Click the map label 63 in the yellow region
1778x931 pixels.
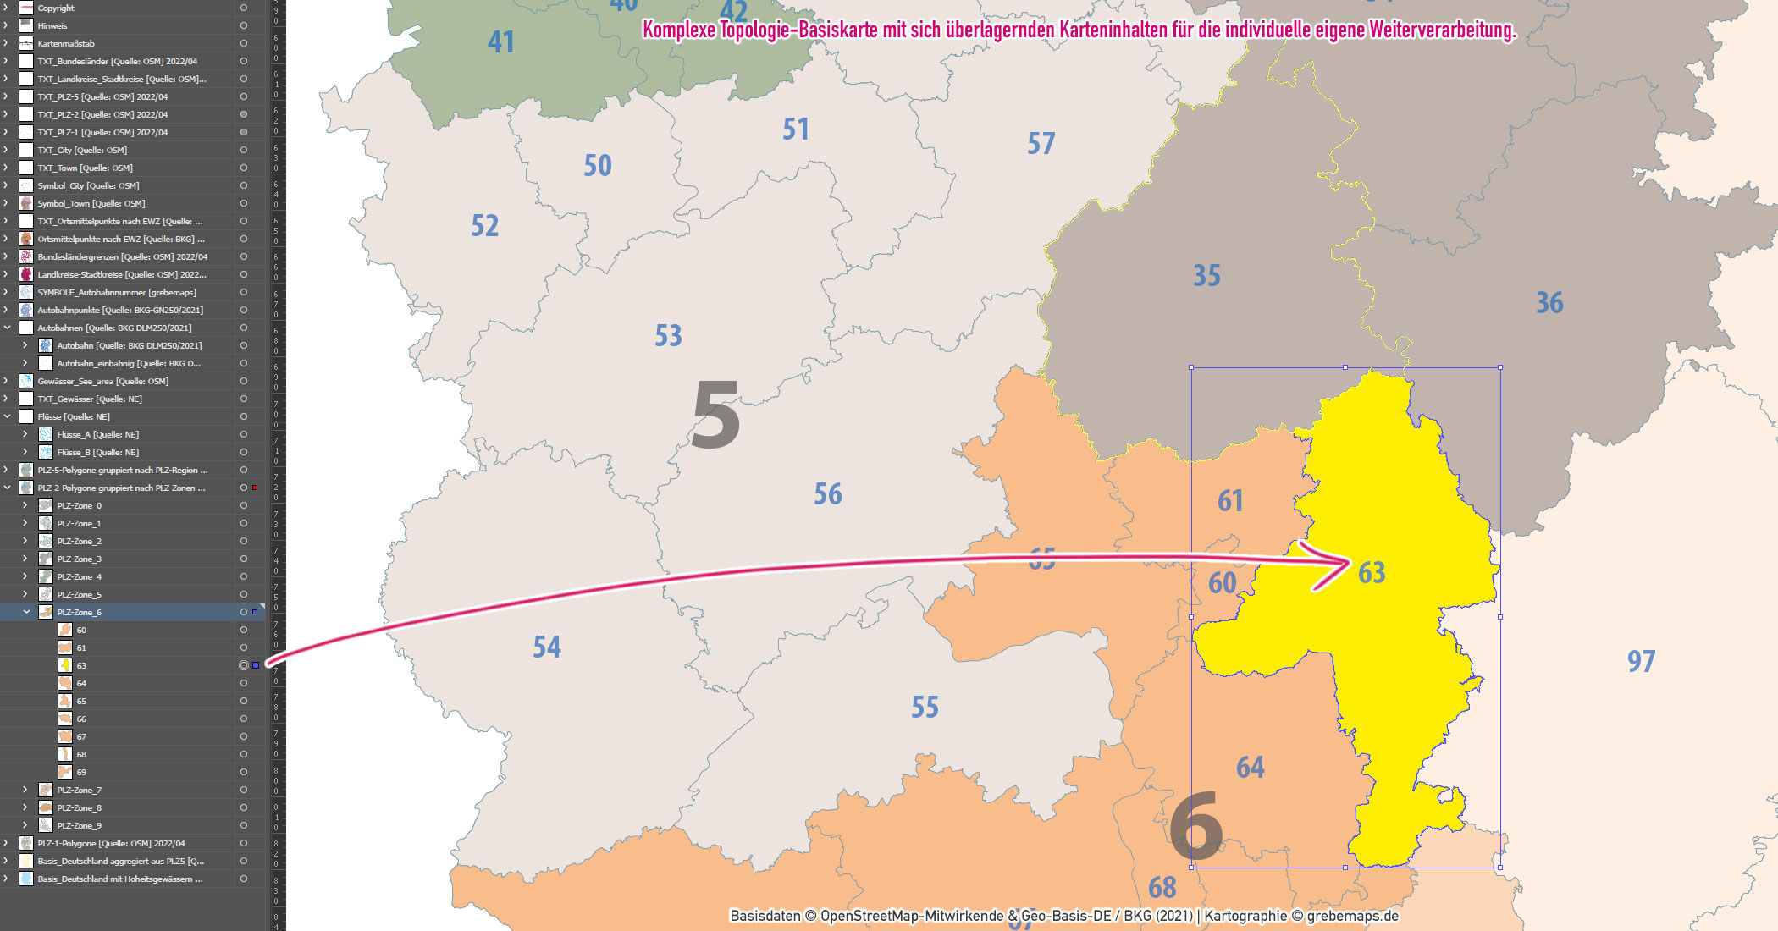coord(1372,573)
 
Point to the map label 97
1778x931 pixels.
coord(1641,661)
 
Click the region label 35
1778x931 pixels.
coord(1206,276)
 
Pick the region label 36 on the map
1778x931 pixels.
coord(1549,303)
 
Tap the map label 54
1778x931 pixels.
coord(547,647)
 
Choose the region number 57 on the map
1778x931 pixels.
coord(1041,144)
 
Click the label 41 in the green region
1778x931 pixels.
coord(501,42)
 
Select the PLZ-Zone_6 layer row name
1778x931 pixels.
coord(80,612)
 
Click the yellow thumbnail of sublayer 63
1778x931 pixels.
coord(65,665)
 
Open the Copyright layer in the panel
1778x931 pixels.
coord(56,8)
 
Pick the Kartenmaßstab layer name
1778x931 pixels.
coord(66,43)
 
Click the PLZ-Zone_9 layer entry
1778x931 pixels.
coord(80,825)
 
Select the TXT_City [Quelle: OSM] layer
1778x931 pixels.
coord(82,150)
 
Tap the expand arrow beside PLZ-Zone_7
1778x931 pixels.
coord(25,790)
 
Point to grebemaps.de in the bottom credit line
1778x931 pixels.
coord(1352,916)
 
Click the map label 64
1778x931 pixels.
coord(1250,768)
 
